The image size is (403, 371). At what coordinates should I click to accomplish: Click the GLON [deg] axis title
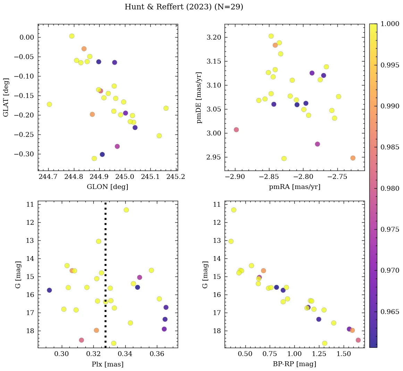tap(107, 187)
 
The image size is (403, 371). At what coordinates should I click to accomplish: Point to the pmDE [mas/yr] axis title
tap(199, 98)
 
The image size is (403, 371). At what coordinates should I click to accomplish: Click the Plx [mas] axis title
tap(107, 364)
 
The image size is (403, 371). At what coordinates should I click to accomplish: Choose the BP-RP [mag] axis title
tap(294, 364)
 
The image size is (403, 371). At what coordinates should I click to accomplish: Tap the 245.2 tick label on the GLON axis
tap(175, 177)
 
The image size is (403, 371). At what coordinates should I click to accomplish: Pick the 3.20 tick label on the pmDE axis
tap(214, 37)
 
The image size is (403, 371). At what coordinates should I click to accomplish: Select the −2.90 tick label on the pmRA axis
tap(235, 177)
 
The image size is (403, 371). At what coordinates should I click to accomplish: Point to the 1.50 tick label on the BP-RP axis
tap(344, 354)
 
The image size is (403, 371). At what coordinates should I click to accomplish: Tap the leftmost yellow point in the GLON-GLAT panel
tap(49, 104)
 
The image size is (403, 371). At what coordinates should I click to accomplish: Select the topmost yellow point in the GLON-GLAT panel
tap(72, 36)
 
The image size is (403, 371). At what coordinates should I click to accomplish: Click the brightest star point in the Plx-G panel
tap(126, 210)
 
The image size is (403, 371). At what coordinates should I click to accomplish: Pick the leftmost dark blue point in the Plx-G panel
tap(49, 290)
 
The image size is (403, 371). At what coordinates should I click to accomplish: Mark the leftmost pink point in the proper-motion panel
tap(236, 130)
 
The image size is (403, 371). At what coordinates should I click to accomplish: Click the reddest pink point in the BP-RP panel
tap(358, 340)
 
